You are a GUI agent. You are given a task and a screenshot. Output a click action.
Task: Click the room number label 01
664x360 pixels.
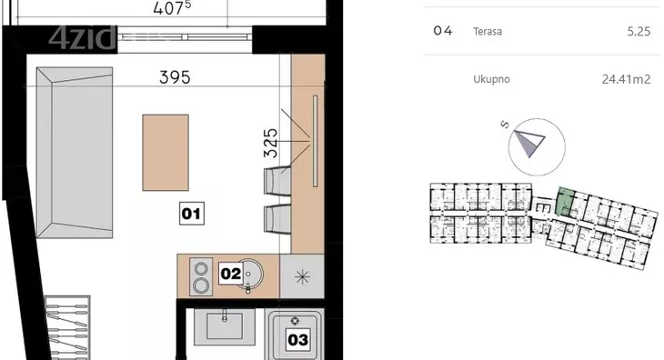[192, 214]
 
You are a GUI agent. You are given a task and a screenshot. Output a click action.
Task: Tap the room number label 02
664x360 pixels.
[231, 274]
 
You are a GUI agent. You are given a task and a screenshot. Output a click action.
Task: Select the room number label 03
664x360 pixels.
[297, 339]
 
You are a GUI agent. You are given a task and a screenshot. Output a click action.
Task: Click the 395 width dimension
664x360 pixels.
[175, 77]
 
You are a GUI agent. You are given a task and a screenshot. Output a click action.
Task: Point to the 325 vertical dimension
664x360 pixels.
[270, 143]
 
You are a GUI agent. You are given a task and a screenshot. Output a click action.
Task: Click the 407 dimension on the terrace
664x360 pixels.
[172, 8]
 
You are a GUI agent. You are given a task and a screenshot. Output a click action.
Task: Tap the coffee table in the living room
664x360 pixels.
[166, 153]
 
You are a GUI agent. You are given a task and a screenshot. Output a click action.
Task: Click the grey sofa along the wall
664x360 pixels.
[75, 153]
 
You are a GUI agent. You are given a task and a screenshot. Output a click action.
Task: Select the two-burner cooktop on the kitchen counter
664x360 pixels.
[201, 276]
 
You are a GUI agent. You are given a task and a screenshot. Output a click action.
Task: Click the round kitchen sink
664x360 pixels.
[250, 275]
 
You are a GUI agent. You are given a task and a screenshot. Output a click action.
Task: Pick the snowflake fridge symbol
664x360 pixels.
[302, 277]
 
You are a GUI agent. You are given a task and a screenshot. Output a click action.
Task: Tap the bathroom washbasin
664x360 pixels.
[225, 326]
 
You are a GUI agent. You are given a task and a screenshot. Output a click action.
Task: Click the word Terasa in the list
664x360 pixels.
[488, 31]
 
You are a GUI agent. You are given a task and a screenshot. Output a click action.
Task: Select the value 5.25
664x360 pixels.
[639, 32]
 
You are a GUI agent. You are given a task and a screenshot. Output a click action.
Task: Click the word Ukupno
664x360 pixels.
[491, 79]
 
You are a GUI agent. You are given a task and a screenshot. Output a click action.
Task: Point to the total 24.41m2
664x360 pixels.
[626, 79]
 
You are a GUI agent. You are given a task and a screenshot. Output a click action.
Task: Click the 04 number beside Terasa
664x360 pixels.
[443, 31]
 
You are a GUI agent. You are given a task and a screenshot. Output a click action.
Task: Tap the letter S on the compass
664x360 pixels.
[504, 125]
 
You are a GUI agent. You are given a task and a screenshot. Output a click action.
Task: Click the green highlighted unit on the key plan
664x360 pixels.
[565, 201]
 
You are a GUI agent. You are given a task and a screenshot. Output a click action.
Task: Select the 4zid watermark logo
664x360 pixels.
[82, 37]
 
